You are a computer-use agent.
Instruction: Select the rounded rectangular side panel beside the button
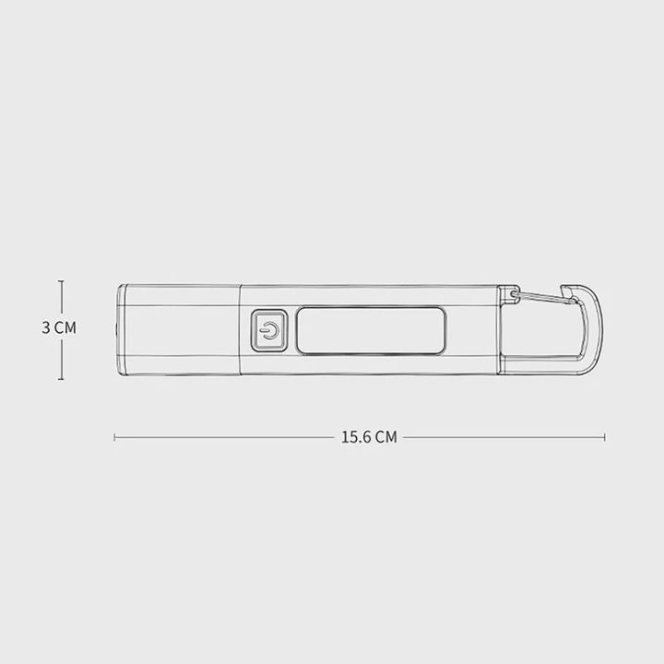(x=371, y=330)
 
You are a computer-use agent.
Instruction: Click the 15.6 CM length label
(x=369, y=437)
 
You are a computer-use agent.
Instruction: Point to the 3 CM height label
(x=59, y=327)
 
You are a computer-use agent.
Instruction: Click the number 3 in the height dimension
(x=46, y=327)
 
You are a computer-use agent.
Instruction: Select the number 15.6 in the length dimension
(x=356, y=437)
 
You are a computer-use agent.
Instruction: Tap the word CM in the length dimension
(x=386, y=437)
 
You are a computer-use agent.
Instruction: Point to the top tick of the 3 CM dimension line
(x=62, y=282)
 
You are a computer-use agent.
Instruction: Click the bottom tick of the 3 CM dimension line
(x=62, y=379)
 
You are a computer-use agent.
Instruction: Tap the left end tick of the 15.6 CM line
(x=114, y=437)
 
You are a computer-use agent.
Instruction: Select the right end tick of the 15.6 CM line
(x=605, y=437)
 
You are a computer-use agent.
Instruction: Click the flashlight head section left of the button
(x=180, y=330)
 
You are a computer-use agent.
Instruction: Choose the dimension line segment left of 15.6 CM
(x=226, y=437)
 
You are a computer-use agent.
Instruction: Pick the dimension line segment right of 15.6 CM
(x=503, y=437)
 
